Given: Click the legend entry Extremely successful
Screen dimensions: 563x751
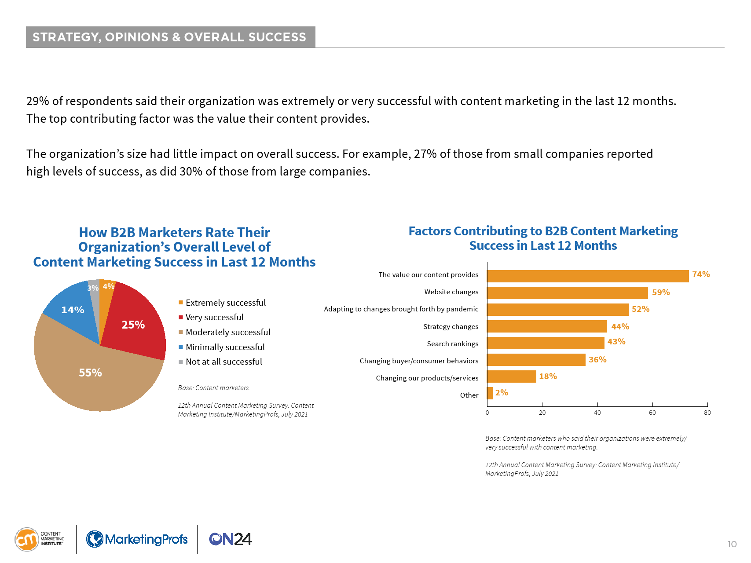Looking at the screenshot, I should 225,303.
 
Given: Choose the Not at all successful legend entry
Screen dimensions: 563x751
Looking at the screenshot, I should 223,362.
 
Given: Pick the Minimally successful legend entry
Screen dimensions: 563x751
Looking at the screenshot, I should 225,347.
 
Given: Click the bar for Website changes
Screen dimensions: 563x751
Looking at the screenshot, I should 567,292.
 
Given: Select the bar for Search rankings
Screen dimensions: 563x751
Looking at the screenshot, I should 546,343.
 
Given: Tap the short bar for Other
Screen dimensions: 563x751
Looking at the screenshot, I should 490,393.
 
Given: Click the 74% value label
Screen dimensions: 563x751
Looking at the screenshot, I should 701,274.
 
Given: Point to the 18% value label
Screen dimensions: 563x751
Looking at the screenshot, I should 548,377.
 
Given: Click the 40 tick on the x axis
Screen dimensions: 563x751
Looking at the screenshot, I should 597,413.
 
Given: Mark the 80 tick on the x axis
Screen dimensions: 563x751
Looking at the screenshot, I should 707,413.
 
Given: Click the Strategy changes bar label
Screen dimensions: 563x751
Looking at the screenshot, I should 451,326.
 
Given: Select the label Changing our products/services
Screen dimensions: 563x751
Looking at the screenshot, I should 427,378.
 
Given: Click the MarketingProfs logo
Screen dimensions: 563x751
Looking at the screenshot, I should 137,539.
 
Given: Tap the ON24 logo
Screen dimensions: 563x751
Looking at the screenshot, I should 230,539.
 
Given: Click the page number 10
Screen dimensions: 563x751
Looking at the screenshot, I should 732,544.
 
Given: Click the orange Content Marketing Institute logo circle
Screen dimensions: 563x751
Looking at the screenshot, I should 27,539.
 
